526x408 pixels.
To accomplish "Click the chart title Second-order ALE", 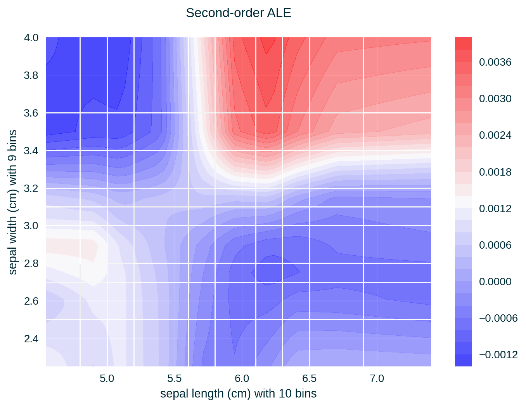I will [x=238, y=13].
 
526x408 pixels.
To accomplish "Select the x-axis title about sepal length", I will [x=238, y=394].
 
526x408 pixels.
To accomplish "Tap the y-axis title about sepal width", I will [x=13, y=202].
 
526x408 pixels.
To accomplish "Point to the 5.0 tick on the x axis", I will [x=107, y=378].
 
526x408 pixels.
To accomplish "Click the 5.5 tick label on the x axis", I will [x=174, y=378].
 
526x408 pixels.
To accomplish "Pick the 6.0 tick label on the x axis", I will [x=242, y=378].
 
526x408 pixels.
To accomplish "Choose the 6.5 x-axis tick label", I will [x=309, y=378].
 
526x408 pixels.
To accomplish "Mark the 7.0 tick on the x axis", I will [x=377, y=378].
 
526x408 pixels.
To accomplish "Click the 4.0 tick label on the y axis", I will [x=31, y=38].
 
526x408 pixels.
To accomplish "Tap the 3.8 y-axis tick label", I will [x=31, y=75].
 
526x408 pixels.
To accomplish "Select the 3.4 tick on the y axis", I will [x=31, y=151].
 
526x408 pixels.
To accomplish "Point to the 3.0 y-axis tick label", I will [x=31, y=226].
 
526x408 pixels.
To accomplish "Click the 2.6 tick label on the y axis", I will [x=31, y=301].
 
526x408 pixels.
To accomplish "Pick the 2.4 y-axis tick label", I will [x=31, y=339].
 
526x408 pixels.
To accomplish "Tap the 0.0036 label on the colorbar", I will [x=495, y=62].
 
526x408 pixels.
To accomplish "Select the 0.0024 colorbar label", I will [x=495, y=135].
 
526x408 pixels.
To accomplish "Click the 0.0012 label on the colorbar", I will [x=495, y=209].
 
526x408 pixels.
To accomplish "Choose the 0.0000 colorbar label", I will [x=495, y=282].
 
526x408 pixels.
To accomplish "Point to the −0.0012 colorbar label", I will [x=498, y=355].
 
